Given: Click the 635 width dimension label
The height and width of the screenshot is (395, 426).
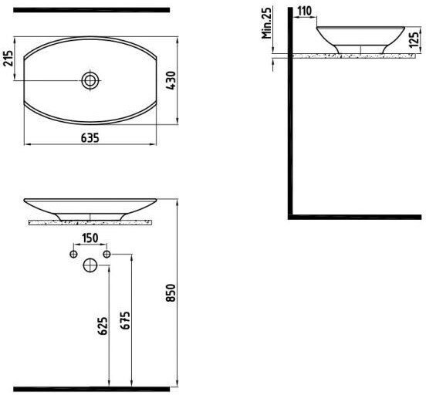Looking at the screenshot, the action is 90,138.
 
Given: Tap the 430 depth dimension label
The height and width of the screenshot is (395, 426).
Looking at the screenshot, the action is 171,80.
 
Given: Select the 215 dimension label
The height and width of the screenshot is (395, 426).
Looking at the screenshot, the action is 8,58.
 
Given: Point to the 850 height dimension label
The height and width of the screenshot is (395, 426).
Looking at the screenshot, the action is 171,292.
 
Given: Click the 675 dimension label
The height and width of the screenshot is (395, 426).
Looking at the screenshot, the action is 125,321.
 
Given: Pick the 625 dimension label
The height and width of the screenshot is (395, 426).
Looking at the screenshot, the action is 103,326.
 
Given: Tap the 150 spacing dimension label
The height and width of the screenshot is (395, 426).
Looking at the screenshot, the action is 90,238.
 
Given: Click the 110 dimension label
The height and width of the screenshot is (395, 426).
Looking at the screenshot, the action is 304,11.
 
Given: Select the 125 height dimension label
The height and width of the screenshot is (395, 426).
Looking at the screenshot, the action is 414,39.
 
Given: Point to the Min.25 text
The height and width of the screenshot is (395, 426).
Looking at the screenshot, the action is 266,23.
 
